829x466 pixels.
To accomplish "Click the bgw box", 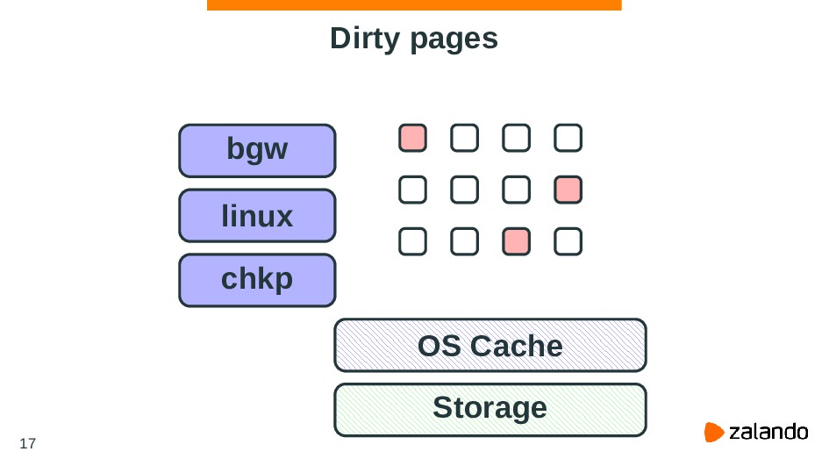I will (x=257, y=150).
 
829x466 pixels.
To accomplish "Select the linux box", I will (x=257, y=215).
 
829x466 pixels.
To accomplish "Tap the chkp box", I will (x=257, y=280).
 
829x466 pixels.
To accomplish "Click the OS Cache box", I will (x=490, y=345).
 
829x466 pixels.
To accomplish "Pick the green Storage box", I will (x=490, y=409).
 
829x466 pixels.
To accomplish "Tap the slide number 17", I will (x=27, y=443).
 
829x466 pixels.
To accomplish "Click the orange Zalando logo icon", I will (x=715, y=432).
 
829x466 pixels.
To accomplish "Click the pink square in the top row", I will (x=412, y=138).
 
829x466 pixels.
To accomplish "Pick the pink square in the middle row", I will (x=568, y=189).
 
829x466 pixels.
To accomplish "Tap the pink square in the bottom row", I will (x=517, y=240).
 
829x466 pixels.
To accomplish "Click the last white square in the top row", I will (x=568, y=138).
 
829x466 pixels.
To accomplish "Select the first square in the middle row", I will (x=412, y=189).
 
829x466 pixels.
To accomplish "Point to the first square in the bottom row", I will (x=412, y=240).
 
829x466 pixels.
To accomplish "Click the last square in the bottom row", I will (x=568, y=240).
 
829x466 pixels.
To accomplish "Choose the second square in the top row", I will (x=465, y=138).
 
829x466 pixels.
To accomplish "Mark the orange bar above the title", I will (x=414, y=5).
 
